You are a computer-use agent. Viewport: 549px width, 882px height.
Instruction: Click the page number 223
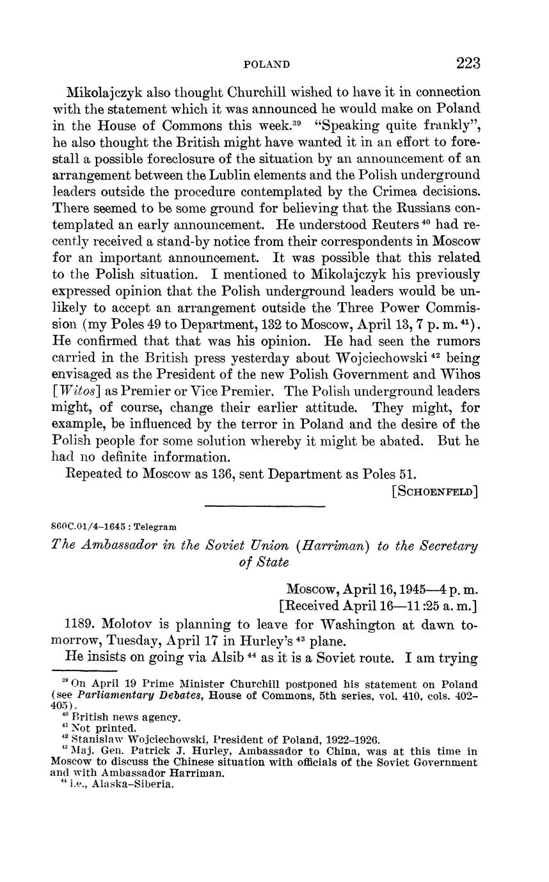click(468, 63)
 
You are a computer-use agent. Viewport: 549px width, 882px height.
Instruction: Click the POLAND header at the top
click(267, 65)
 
